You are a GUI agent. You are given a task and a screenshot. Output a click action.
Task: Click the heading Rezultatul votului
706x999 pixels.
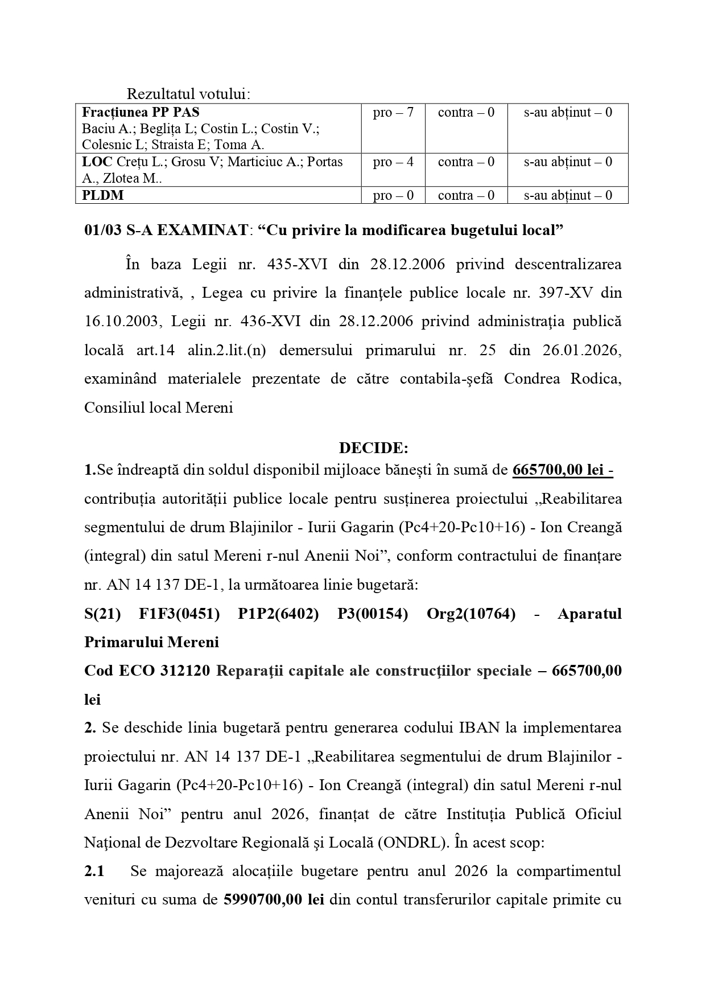click(188, 94)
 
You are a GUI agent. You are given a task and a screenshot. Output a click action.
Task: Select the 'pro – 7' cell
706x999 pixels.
click(393, 113)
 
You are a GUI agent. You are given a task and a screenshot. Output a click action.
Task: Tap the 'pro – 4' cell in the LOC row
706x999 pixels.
click(393, 162)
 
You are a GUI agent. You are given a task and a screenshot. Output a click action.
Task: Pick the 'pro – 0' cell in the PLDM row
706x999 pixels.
click(393, 196)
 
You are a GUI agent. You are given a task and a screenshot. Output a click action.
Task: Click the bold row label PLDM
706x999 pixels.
click(103, 196)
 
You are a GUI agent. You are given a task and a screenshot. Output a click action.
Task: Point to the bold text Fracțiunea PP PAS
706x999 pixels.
click(141, 113)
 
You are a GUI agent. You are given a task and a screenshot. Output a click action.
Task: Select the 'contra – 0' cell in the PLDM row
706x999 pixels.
click(466, 196)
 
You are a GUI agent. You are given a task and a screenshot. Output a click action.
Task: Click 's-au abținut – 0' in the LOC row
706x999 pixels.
click(568, 162)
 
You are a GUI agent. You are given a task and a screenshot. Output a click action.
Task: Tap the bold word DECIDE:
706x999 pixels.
click(374, 449)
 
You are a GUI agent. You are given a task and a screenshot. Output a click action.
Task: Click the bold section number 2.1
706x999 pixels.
click(94, 871)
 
